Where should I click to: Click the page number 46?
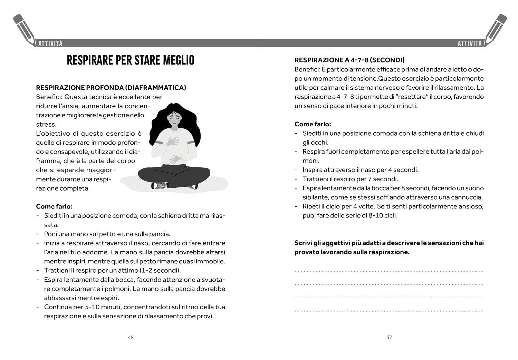[131, 338]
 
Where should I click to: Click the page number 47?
[389, 338]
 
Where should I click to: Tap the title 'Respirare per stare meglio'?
[131, 60]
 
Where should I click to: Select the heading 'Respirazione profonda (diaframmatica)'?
[111, 88]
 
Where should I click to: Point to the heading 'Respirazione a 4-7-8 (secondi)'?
[349, 60]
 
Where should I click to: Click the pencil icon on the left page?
[24, 30]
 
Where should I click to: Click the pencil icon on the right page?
[496, 30]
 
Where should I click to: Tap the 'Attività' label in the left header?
[50, 43]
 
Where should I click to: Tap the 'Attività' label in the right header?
[469, 43]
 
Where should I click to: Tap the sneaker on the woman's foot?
[160, 185]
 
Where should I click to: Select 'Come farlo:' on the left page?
[54, 207]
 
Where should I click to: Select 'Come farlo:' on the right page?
[313, 124]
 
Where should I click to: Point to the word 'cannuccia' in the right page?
[469, 197]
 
